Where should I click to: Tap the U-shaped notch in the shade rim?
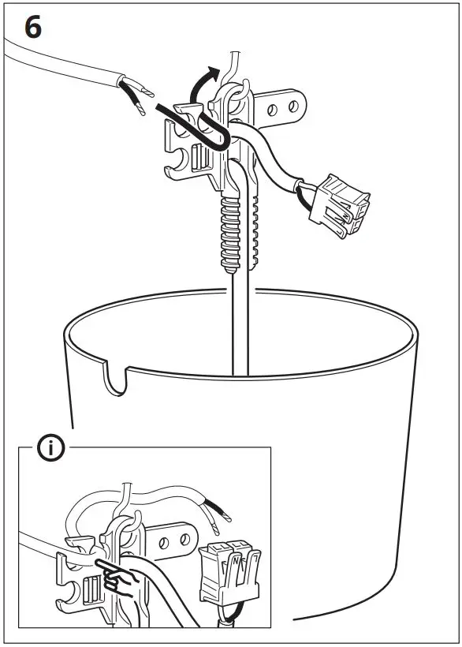click(x=116, y=378)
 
